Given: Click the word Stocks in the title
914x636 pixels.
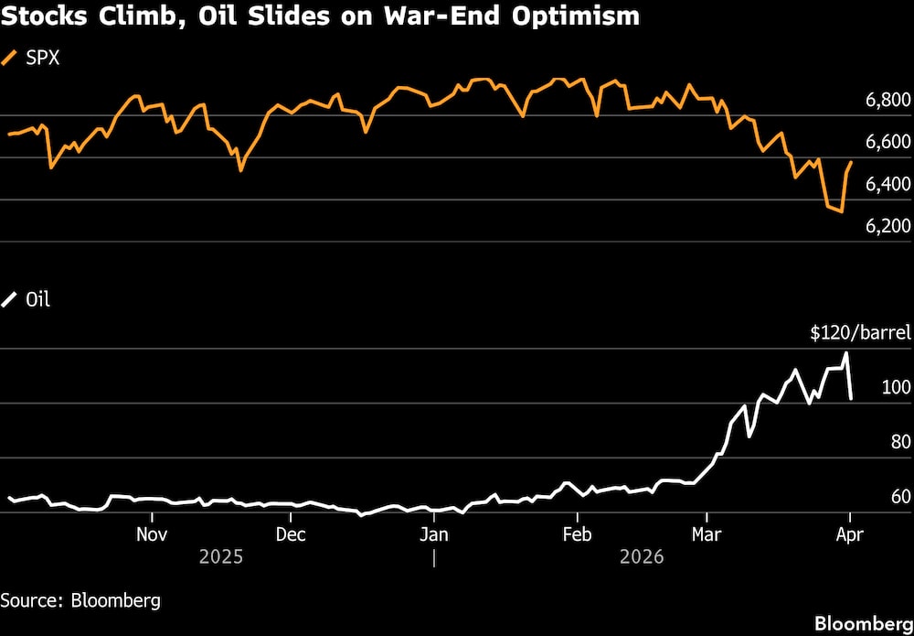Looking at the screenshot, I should [42, 17].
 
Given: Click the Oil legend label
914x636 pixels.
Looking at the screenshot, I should [37, 299].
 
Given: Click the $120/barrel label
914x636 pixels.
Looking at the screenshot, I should [848, 334].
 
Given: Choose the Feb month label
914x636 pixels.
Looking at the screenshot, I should [576, 533].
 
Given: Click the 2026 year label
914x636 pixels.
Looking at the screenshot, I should [643, 556].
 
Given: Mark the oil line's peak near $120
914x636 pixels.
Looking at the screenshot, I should [846, 352].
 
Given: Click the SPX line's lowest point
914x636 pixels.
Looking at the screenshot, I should [841, 212].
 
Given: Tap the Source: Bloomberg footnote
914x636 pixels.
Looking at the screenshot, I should [80, 600].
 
